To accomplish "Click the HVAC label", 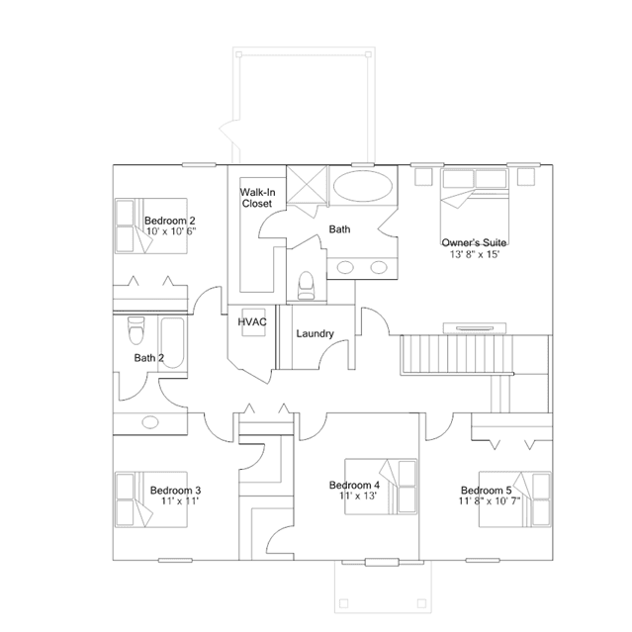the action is tap(252, 322).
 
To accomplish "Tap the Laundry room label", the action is tap(315, 333).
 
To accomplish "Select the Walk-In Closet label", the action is tap(257, 198).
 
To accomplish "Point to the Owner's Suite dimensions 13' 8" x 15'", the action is tap(475, 254).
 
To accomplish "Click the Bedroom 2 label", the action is tap(170, 221).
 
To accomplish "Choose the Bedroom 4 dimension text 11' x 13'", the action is tap(357, 496).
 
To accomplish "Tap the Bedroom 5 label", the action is tap(486, 491).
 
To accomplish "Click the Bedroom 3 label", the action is tap(175, 491).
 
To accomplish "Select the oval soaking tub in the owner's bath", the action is tap(363, 186).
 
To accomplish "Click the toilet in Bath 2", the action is tap(135, 330).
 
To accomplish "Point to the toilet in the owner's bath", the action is tap(306, 286).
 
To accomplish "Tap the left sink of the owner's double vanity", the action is tap(345, 267).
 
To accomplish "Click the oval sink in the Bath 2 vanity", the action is tap(150, 422).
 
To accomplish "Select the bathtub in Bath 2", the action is tap(172, 342).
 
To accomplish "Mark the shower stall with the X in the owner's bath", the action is tap(307, 185).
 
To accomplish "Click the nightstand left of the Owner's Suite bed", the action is tap(423, 176).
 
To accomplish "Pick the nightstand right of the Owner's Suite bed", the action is tap(526, 176).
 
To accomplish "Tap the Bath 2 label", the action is tap(149, 358).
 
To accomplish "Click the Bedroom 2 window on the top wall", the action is tap(199, 164).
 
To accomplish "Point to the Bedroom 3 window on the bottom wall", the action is tap(175, 560).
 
